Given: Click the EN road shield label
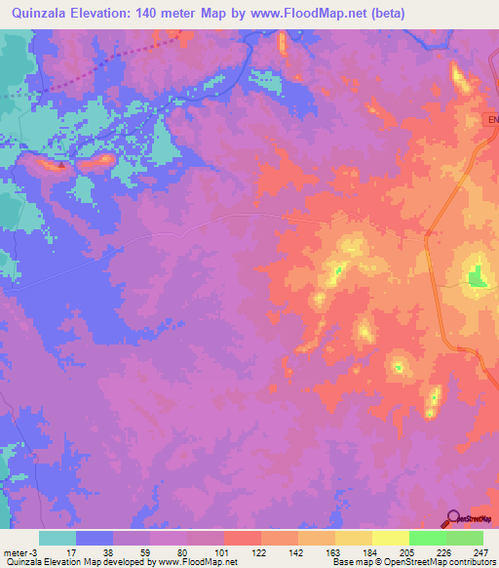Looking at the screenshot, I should (x=490, y=120).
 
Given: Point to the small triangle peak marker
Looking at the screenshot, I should (x=61, y=165).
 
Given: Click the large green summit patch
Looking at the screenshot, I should (x=477, y=278).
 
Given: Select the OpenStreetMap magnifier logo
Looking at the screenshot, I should (x=453, y=518).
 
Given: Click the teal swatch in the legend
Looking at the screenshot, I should (x=58, y=538).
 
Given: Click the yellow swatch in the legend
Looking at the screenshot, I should (x=391, y=538).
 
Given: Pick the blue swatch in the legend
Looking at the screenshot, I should (x=95, y=538).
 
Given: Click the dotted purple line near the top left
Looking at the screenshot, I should (x=88, y=73).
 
